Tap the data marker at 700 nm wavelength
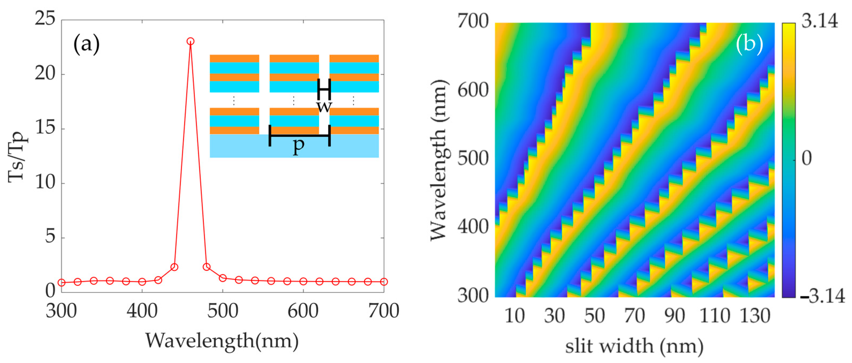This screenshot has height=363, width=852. click(384, 282)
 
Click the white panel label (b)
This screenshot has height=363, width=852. click(749, 44)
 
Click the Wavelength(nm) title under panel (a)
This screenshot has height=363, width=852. click(222, 341)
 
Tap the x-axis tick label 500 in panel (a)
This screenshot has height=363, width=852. click(223, 311)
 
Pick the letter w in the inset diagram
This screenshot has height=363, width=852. click(324, 107)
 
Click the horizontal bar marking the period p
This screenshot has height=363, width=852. click(300, 136)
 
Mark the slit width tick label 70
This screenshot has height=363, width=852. click(634, 316)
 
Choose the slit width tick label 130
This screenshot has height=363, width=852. click(755, 316)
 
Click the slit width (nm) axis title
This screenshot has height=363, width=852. click(634, 346)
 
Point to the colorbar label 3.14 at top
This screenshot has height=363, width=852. click(820, 21)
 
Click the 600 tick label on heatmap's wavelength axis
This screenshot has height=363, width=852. click(473, 90)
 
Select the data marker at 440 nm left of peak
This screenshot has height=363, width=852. click(174, 267)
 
